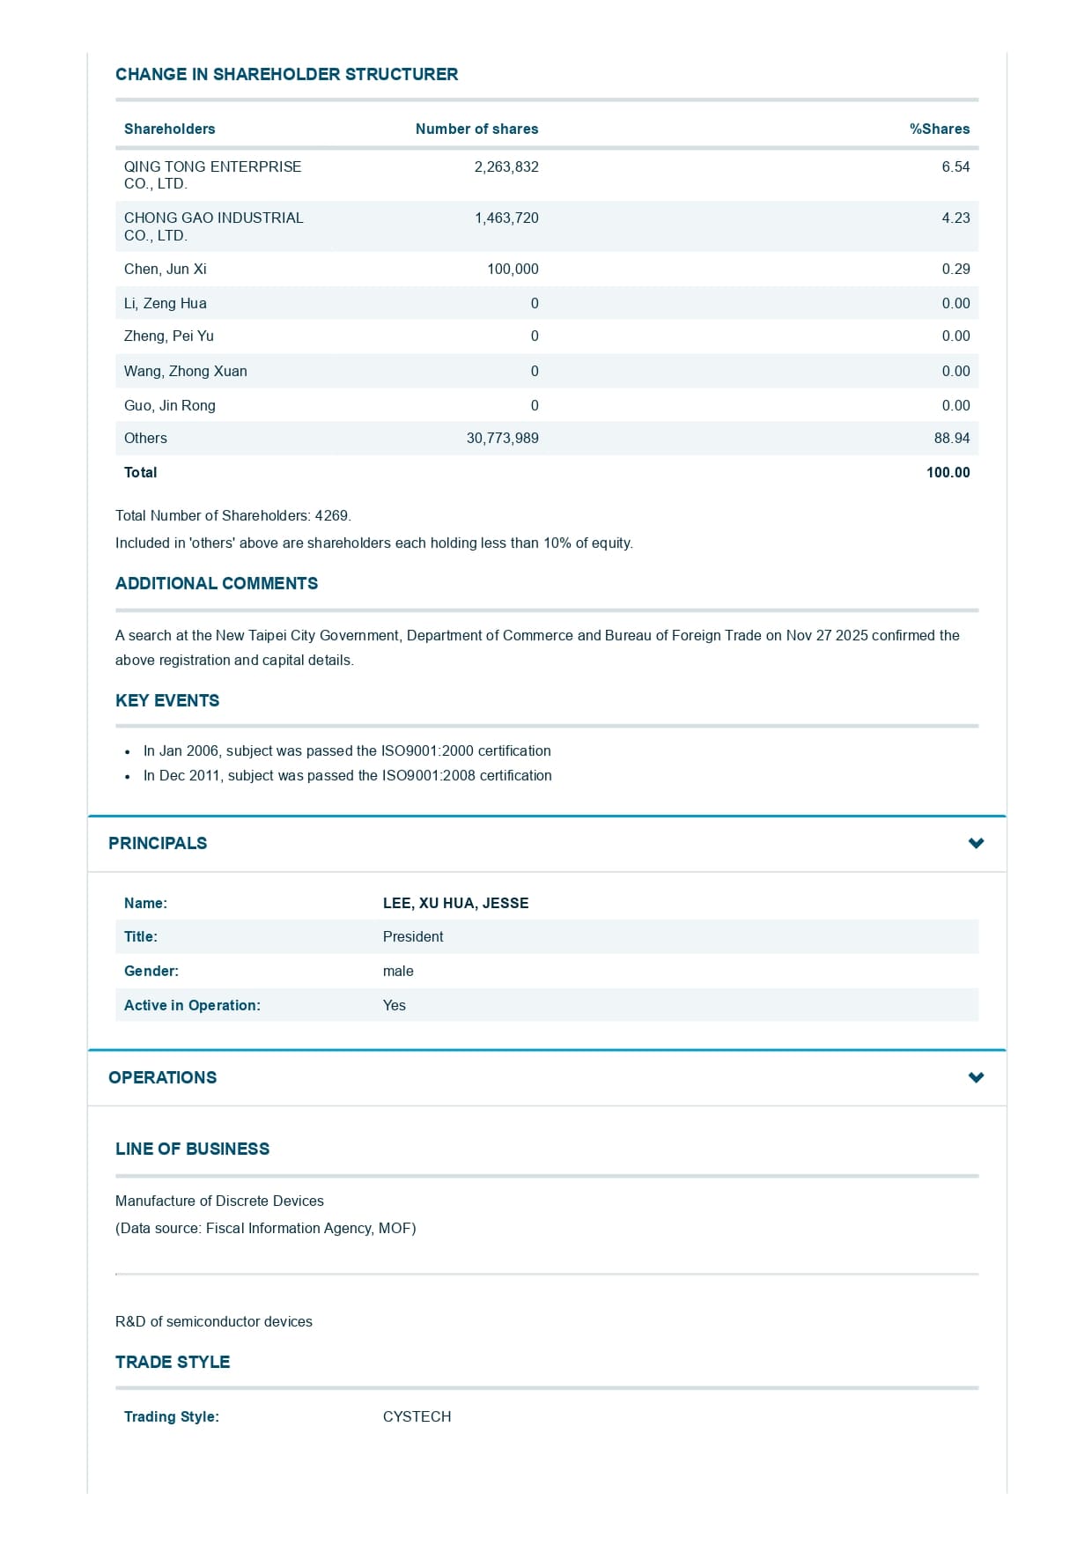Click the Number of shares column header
click(x=476, y=129)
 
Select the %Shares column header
click(x=939, y=129)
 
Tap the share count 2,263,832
click(x=506, y=166)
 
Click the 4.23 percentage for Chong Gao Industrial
click(x=955, y=218)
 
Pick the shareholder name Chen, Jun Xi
click(x=166, y=269)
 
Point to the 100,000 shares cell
click(x=513, y=269)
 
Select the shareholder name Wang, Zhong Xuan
click(x=186, y=371)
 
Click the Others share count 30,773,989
click(x=502, y=438)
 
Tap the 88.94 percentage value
click(x=952, y=438)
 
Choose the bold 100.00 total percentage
click(x=948, y=472)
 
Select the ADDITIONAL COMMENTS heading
click(x=217, y=583)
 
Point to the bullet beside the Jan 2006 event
click(x=128, y=751)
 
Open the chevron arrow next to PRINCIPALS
click(x=976, y=843)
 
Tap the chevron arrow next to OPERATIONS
click(x=976, y=1077)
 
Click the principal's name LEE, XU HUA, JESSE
click(x=455, y=903)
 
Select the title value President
click(x=413, y=936)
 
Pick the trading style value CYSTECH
click(x=417, y=1416)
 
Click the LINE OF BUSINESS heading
click(x=192, y=1149)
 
